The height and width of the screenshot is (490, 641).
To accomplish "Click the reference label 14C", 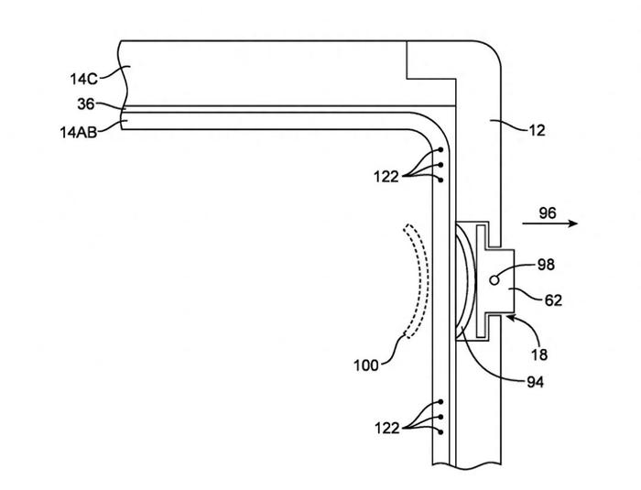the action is pyautogui.click(x=84, y=79).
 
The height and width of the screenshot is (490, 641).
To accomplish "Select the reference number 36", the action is pyautogui.click(x=86, y=104).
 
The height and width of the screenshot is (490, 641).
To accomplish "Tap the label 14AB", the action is pyautogui.click(x=79, y=133).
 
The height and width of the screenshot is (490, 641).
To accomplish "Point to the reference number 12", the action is pyautogui.click(x=538, y=130).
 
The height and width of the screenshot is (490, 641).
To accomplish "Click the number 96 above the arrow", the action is pyautogui.click(x=548, y=213).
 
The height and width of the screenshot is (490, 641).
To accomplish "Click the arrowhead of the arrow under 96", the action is pyautogui.click(x=573, y=223).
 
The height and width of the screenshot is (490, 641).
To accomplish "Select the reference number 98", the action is pyautogui.click(x=546, y=265).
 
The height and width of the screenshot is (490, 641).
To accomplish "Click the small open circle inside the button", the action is pyautogui.click(x=494, y=280).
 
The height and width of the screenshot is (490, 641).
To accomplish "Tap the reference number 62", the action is pyautogui.click(x=553, y=300).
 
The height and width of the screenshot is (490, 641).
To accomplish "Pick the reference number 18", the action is pyautogui.click(x=539, y=354).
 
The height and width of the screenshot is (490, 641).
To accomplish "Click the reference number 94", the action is pyautogui.click(x=535, y=382).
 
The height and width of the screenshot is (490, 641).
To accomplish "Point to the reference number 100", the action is pyautogui.click(x=366, y=365).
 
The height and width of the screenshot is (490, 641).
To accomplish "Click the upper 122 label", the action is pyautogui.click(x=386, y=177).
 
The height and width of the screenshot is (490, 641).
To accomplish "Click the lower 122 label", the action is pyautogui.click(x=386, y=429).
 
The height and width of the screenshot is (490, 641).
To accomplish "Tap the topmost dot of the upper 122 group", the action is pyautogui.click(x=440, y=149).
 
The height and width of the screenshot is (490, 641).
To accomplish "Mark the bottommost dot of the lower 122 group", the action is pyautogui.click(x=440, y=432).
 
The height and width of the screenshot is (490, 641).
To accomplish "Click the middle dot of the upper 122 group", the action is pyautogui.click(x=440, y=165).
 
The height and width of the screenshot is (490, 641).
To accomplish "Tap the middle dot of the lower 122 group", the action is pyautogui.click(x=440, y=417).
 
